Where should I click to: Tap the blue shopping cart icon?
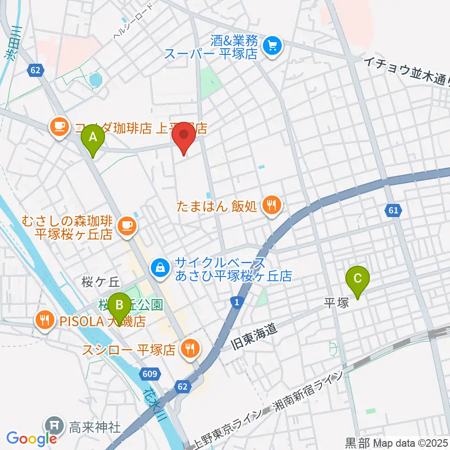coord(272,46)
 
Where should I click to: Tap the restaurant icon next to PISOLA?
coord(45,321)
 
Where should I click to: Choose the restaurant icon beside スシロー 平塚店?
coord(190,349)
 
